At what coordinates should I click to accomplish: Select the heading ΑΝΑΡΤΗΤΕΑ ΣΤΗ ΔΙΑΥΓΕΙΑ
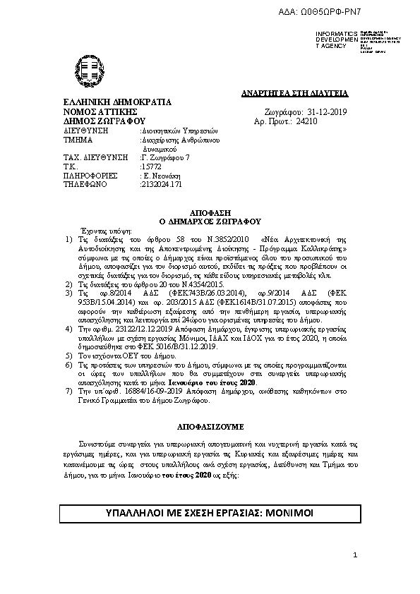305,93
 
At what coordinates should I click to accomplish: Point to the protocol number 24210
307,121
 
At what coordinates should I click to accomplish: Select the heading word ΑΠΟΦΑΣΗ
210,212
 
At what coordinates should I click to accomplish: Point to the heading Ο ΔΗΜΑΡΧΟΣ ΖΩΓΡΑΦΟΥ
210,221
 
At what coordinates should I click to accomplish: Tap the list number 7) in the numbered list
68,389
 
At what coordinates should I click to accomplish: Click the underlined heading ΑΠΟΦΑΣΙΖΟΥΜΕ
210,427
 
